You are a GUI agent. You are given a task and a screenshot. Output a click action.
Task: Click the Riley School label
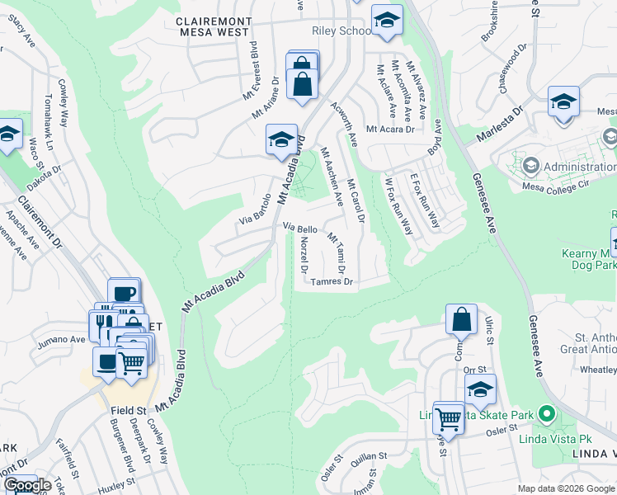(341, 31)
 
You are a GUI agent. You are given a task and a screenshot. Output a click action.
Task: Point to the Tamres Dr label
(332, 281)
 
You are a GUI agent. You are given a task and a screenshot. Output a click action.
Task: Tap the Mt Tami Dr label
(337, 254)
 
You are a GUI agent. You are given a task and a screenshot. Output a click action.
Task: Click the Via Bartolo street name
(255, 210)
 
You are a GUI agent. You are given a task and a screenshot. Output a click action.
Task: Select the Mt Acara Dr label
(389, 129)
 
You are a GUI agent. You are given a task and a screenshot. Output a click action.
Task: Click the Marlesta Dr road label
(497, 125)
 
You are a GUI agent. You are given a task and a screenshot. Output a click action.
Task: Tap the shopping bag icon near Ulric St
(462, 319)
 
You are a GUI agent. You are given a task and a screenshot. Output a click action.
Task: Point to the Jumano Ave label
(59, 339)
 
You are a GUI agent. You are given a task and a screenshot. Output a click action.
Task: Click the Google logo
(27, 485)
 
